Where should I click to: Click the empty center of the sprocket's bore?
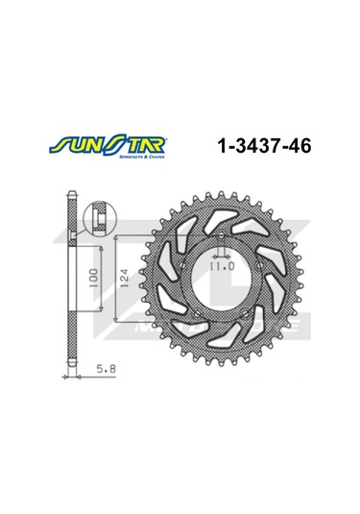[224, 287]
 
